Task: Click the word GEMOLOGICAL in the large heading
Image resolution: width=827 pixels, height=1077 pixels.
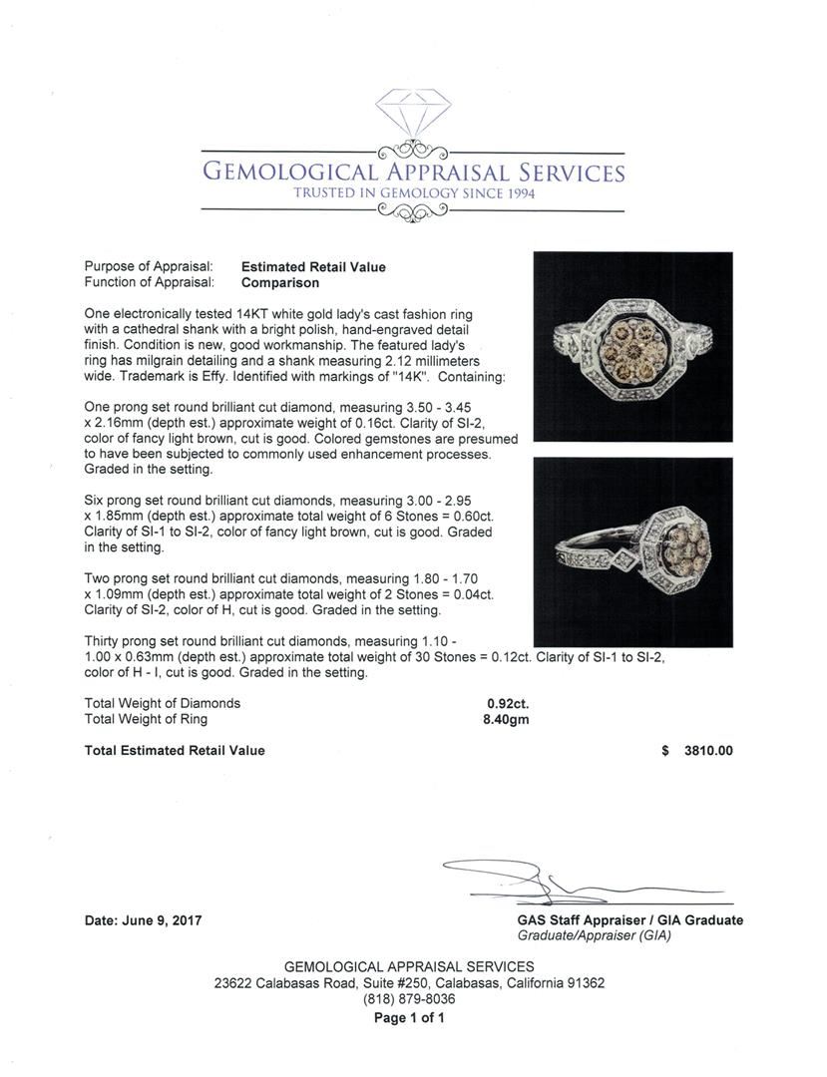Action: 288,172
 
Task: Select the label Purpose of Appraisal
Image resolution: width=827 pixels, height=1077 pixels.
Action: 149,267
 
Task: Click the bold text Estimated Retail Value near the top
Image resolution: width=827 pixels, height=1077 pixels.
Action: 313,267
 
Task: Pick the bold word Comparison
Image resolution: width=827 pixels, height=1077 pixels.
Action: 280,282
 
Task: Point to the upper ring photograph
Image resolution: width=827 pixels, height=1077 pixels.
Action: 632,346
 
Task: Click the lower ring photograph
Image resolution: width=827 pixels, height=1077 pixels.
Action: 632,551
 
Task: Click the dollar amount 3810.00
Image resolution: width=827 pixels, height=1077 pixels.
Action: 707,751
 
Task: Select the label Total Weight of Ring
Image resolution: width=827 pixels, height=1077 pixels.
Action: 147,719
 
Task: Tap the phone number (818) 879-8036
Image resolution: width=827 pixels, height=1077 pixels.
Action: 409,998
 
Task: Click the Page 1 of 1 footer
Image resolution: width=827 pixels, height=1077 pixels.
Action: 409,1018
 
